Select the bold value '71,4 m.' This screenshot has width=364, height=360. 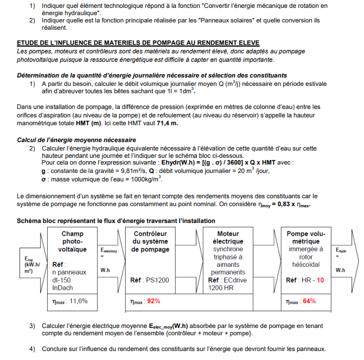tap(166, 123)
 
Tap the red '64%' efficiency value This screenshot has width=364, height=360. tap(309, 300)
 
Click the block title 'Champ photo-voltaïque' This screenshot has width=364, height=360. tap(72, 241)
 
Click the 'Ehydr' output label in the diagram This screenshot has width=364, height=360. tap(340, 250)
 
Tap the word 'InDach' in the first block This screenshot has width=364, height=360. tap(62, 288)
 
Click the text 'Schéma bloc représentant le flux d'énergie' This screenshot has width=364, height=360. tap(116, 221)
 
